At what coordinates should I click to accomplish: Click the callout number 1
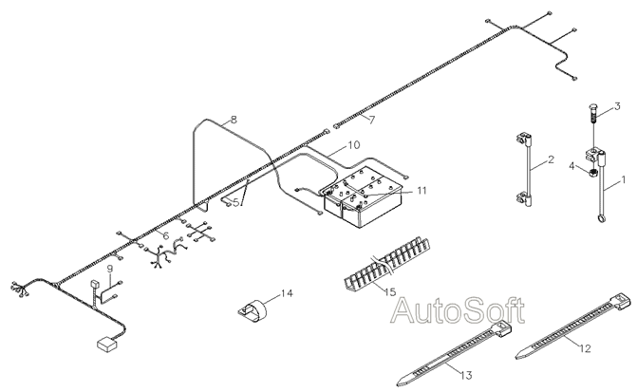point(624,178)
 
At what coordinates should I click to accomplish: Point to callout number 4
point(572,168)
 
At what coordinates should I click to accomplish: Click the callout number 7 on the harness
point(372,120)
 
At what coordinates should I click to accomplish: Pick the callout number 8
point(234,121)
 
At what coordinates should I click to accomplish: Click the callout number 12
point(586,349)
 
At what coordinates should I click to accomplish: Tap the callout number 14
point(289,292)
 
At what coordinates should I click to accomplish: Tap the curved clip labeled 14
point(253,310)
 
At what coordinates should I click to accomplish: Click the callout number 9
point(109,269)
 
